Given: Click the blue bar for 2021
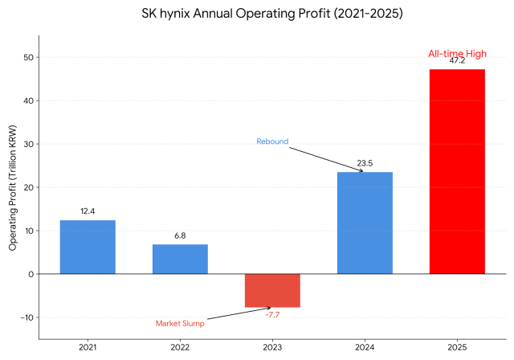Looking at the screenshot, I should pyautogui.click(x=88, y=247).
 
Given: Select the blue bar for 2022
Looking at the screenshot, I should pyautogui.click(x=180, y=259).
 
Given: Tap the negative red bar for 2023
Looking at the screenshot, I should pyautogui.click(x=272, y=290).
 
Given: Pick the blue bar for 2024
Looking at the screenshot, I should pyautogui.click(x=365, y=223).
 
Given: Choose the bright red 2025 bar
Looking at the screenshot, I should pyautogui.click(x=457, y=171).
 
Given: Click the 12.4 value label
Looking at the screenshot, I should pyautogui.click(x=88, y=211).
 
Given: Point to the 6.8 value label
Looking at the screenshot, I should pyautogui.click(x=180, y=235).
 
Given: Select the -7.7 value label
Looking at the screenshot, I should pyautogui.click(x=272, y=315).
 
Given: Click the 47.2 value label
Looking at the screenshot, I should pyautogui.click(x=457, y=60).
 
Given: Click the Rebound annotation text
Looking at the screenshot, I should pyautogui.click(x=272, y=141).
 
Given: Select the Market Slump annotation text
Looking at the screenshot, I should pyautogui.click(x=180, y=324).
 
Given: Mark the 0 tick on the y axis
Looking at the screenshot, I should pyautogui.click(x=30, y=274).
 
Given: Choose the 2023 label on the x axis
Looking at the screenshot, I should pyautogui.click(x=272, y=348).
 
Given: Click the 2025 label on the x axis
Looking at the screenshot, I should pyautogui.click(x=457, y=348).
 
